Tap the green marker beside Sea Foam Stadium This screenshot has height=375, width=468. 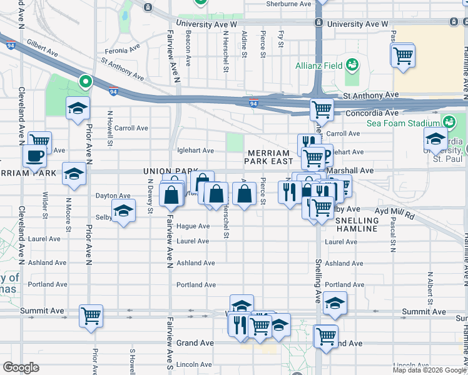point(449,122)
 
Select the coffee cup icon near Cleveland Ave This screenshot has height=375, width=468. point(34,156)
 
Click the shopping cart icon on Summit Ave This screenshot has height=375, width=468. point(91,316)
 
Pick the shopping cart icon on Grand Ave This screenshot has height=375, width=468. point(326,336)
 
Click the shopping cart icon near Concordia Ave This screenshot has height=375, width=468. point(322,109)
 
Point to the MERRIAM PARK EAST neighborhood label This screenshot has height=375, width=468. point(268,157)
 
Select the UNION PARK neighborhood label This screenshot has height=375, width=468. point(166,171)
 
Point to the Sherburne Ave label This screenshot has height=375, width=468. point(288,4)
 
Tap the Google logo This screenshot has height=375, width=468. point(21,367)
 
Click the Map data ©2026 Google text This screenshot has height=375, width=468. point(429,370)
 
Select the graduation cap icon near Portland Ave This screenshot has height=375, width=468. point(335,303)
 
